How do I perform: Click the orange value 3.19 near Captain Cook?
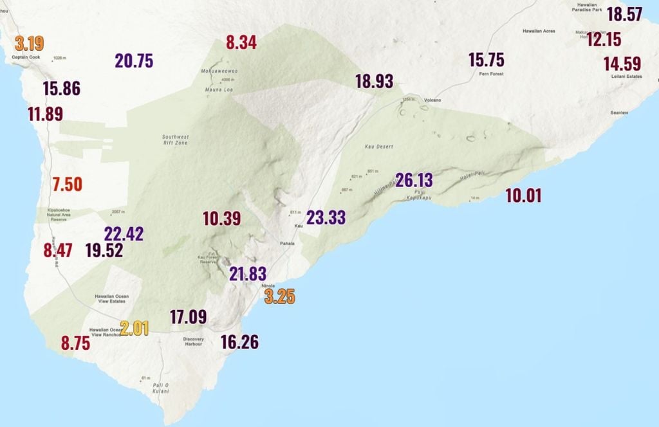click(30, 44)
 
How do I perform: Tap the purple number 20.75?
click(134, 61)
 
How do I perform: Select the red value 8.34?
click(241, 43)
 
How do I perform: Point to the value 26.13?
click(414, 181)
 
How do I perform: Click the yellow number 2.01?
click(135, 328)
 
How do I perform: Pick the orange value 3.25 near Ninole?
click(280, 296)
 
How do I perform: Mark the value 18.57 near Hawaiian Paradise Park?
click(624, 14)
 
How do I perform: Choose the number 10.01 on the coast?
click(523, 195)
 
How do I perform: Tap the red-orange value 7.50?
click(68, 184)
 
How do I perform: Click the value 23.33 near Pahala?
click(326, 217)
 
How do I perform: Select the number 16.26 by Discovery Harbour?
click(239, 342)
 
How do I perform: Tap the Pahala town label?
click(287, 244)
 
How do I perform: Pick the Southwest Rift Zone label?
click(175, 140)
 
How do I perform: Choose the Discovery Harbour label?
click(193, 341)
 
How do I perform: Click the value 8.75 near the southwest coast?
click(75, 343)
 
